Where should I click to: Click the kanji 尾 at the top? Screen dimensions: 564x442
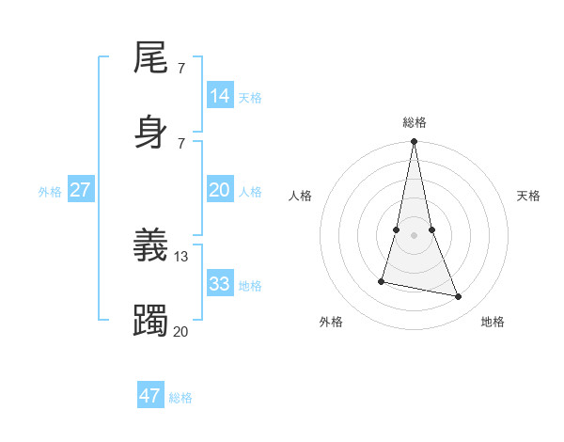pos(151,59)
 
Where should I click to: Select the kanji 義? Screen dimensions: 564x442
pos(151,245)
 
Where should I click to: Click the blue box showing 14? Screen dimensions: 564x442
pos(220,96)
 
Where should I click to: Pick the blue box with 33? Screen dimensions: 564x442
pos(220,284)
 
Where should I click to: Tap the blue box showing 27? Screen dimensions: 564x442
pos(80,190)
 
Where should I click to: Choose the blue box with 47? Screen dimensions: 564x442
pos(150,396)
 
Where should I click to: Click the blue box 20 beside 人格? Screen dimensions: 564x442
pos(220,190)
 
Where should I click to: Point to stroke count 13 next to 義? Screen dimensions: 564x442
pos(181,257)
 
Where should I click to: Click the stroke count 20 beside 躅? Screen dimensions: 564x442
pos(180,331)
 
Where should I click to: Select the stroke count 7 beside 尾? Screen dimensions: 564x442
pos(180,69)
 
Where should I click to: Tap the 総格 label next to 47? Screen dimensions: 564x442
pos(180,398)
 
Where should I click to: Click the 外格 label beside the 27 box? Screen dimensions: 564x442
pos(50,192)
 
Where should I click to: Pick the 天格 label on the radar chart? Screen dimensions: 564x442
pos(528,196)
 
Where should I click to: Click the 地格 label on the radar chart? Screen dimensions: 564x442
pos(493,322)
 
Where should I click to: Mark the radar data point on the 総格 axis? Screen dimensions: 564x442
pos(414,142)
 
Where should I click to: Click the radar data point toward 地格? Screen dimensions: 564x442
pos(459,297)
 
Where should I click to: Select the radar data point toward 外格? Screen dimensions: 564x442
pos(382,280)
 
